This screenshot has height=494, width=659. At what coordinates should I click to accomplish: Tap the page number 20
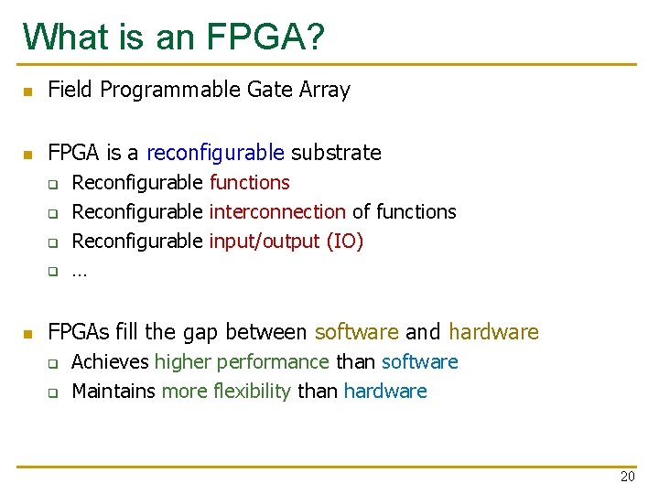[x=627, y=476]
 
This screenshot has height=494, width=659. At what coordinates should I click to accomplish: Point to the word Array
[x=325, y=90]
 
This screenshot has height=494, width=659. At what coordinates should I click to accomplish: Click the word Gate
[x=270, y=90]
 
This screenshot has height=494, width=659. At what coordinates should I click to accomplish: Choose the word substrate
[x=336, y=152]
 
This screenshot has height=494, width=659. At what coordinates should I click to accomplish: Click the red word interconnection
[x=277, y=211]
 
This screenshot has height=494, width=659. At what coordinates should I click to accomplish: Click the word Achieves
[x=110, y=362]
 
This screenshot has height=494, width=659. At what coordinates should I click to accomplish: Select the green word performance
[x=273, y=362]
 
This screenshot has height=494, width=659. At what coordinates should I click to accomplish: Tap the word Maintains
[x=113, y=392]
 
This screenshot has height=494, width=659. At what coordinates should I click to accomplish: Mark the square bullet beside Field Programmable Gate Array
[x=28, y=91]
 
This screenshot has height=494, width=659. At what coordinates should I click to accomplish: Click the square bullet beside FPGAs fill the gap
[x=28, y=333]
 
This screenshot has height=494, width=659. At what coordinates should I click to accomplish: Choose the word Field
[x=70, y=90]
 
